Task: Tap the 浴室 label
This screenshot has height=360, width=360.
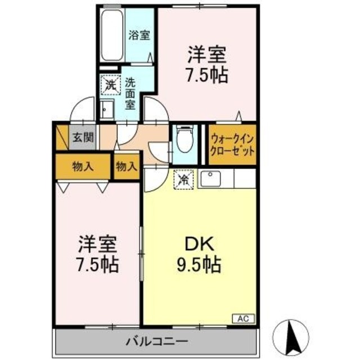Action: coord(139,35)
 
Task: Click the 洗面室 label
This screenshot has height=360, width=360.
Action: coord(130,92)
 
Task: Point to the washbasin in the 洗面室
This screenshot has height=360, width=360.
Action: coord(107,109)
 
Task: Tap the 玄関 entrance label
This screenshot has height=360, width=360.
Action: coord(78,137)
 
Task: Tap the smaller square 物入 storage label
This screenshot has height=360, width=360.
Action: coord(126,166)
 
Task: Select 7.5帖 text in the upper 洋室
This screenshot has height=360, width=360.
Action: coord(207,75)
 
